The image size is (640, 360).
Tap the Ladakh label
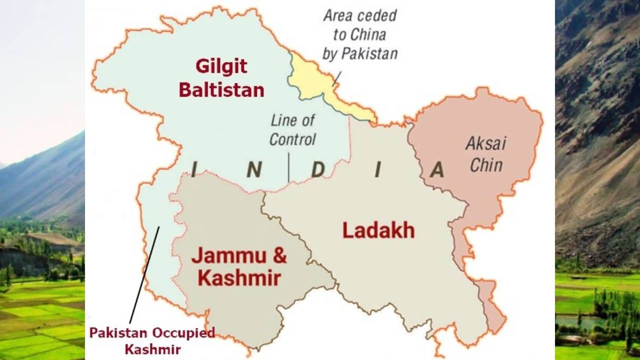pos(378,230)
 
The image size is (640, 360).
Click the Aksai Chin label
pos(485,154)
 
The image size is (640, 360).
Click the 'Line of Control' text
pos(292,130)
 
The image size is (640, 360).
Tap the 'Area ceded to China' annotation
pos(359,34)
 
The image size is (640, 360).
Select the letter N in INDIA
pos(254,170)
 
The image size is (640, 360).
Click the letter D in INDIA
pos(318,170)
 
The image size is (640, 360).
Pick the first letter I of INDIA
pos(194,170)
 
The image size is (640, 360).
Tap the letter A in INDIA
pos(436,170)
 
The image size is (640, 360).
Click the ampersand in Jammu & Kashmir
pos(279,255)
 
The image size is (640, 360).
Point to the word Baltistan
pos(221,90)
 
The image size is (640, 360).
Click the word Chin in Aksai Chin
pos(486,164)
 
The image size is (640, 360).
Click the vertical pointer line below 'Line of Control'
pos(289,167)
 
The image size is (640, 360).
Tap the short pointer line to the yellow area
pos(337,78)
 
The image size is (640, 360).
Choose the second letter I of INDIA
pos(377,170)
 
